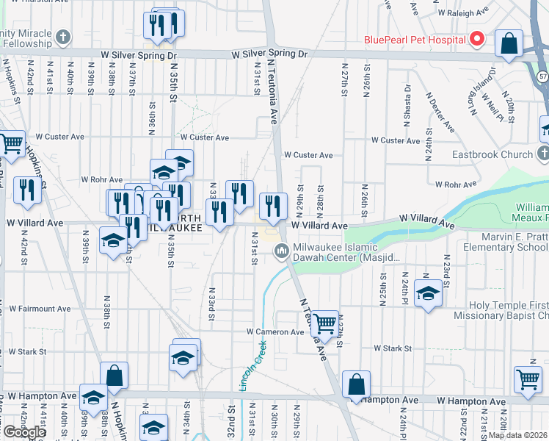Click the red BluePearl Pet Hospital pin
(477, 38)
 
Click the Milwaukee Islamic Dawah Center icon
(281, 252)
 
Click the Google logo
(24, 432)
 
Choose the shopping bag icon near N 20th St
(509, 43)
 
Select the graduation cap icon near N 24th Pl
(428, 294)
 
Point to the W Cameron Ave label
(275, 332)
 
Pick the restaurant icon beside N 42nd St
(27, 190)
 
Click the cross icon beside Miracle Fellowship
(64, 36)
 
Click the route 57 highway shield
(542, 76)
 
